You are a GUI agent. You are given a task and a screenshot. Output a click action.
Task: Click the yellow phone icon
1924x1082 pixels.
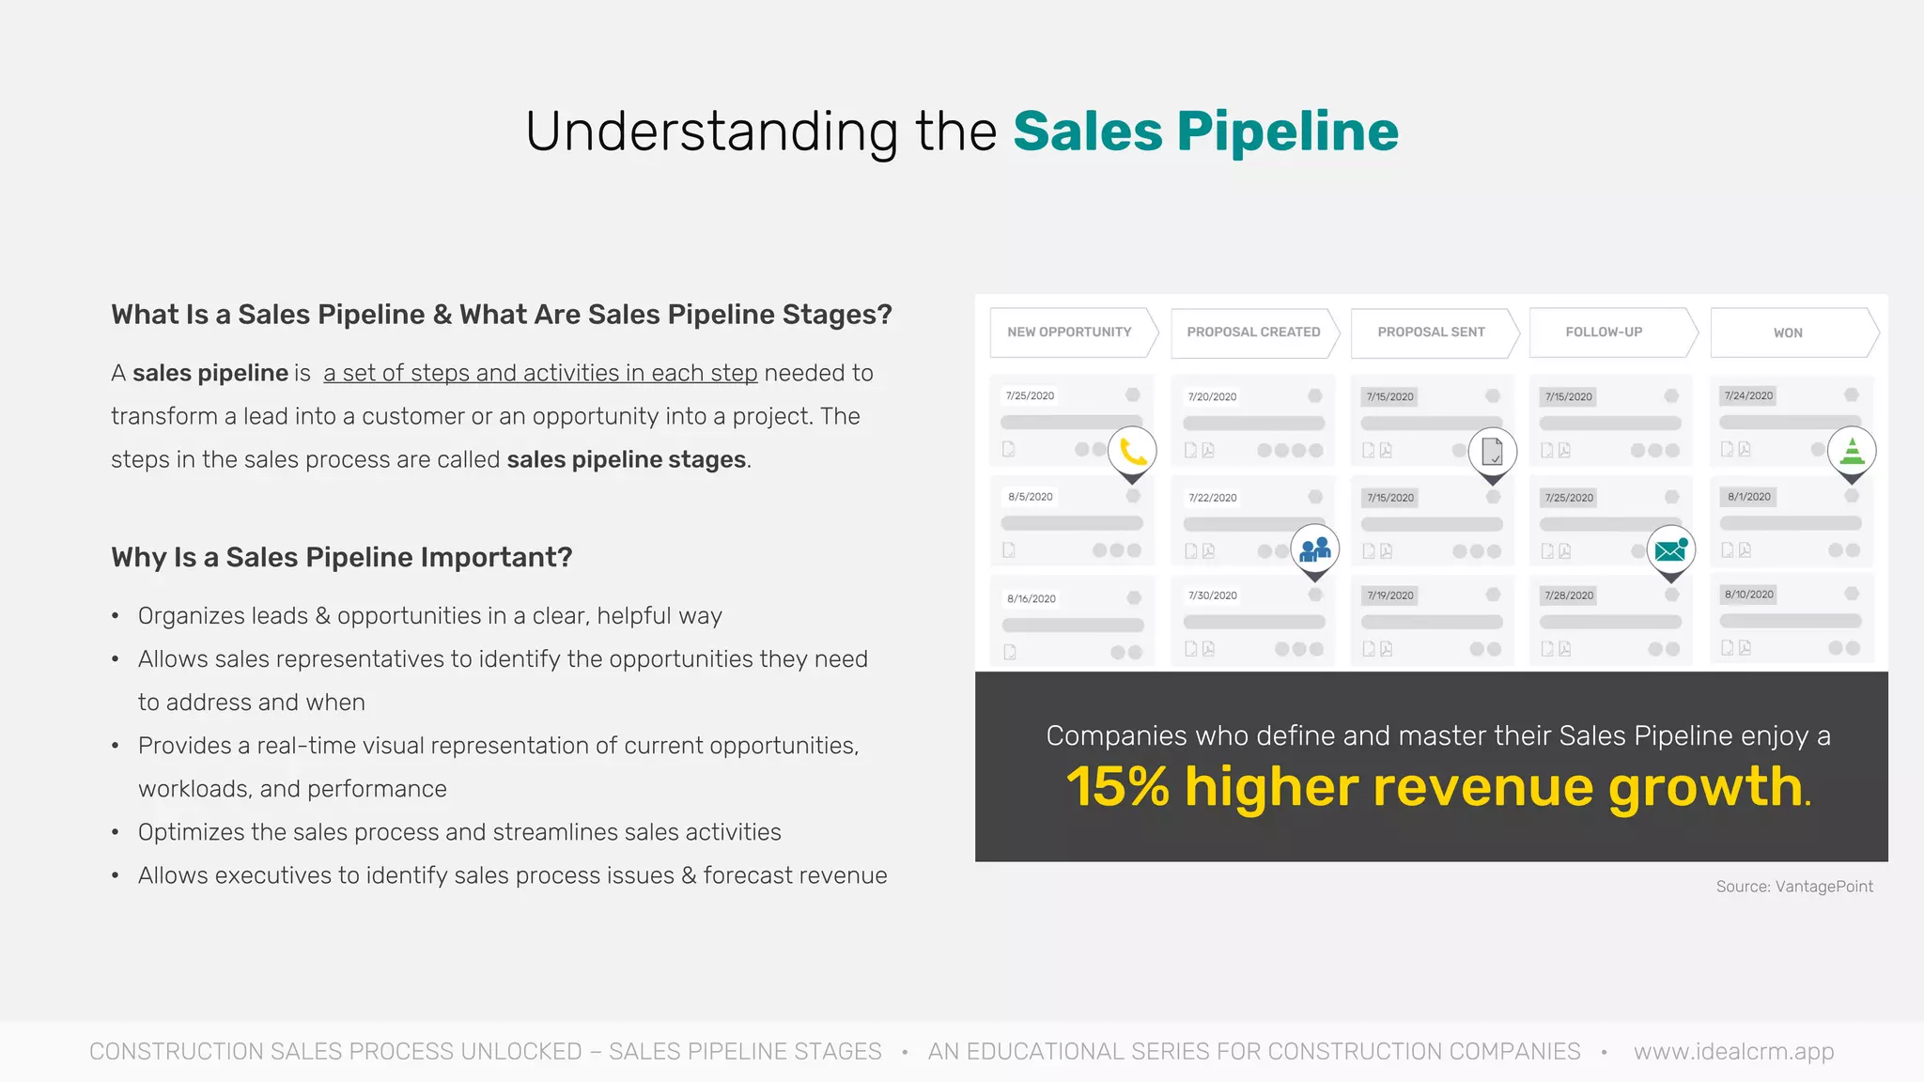(1133, 452)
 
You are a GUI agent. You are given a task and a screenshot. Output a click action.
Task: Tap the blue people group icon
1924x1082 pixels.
(1315, 549)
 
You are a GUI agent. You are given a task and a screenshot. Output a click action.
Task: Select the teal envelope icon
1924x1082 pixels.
(1670, 549)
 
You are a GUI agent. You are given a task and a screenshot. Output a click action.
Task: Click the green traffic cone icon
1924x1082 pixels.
(1852, 451)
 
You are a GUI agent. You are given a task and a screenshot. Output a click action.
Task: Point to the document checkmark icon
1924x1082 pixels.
(1492, 452)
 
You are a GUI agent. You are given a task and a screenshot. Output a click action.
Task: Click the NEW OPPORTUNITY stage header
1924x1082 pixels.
(1070, 332)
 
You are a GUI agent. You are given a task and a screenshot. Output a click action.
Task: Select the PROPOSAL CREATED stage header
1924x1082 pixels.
(1253, 332)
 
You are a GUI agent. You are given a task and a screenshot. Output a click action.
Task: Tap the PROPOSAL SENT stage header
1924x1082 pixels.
(1431, 332)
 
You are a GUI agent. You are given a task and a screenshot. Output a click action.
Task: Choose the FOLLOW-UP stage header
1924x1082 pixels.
(1604, 332)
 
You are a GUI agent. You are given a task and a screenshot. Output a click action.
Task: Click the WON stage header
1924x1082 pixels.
(1788, 333)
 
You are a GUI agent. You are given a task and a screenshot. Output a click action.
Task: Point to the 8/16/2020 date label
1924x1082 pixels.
(1032, 598)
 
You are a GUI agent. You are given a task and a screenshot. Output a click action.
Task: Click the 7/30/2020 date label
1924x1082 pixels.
(1212, 595)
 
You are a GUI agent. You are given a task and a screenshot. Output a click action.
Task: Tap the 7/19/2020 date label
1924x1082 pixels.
(1390, 595)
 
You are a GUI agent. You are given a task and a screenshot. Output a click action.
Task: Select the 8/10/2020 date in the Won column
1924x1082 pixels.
(1749, 595)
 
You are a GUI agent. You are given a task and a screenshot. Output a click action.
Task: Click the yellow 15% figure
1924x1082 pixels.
(1117, 787)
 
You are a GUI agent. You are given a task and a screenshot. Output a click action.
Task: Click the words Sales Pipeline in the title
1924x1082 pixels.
(1205, 131)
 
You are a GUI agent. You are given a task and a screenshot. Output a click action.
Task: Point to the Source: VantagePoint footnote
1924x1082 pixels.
(1794, 887)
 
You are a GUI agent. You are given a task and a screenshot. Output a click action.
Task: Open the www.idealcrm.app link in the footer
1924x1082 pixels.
(1733, 1052)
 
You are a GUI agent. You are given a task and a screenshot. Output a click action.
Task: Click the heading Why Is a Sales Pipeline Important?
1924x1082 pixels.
(342, 558)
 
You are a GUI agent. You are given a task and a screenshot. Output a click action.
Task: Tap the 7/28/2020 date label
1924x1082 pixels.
(1569, 595)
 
